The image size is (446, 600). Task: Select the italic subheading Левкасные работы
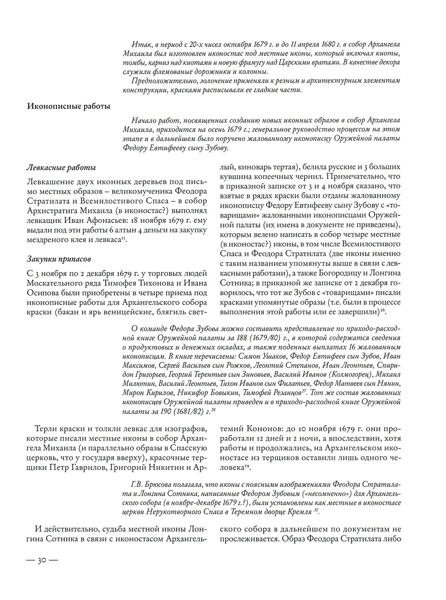[x=61, y=168]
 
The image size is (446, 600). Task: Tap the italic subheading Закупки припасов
[x=59, y=258]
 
